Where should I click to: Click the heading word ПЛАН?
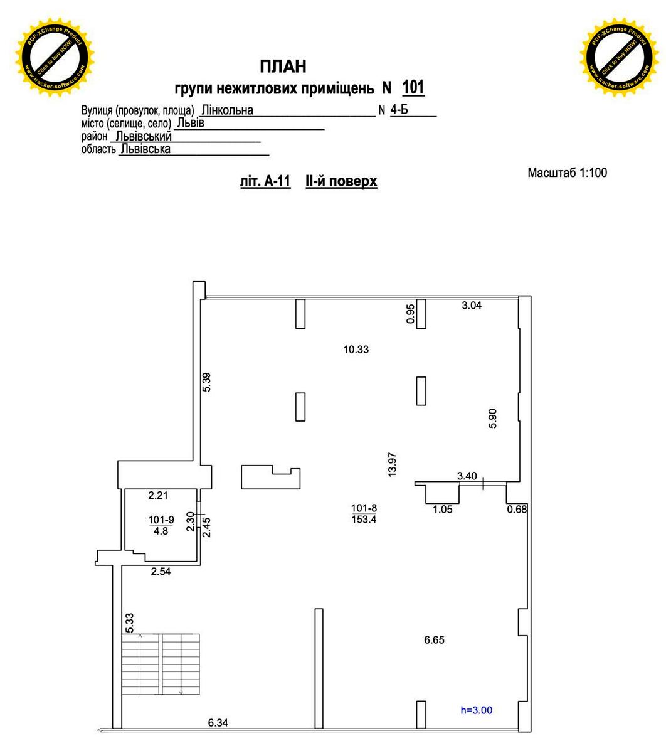pyautogui.click(x=283, y=66)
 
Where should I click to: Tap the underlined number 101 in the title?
pyautogui.click(x=413, y=87)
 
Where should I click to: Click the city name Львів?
pyautogui.click(x=190, y=123)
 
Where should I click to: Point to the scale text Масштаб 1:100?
pyautogui.click(x=567, y=173)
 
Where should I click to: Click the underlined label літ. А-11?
pyautogui.click(x=265, y=182)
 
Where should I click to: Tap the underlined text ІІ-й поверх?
pyautogui.click(x=341, y=182)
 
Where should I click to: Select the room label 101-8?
pyautogui.click(x=364, y=508)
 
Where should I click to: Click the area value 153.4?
pyautogui.click(x=364, y=520)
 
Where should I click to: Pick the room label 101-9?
pyautogui.click(x=161, y=520)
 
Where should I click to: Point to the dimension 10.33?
pyautogui.click(x=356, y=350)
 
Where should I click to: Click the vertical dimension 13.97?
pyautogui.click(x=393, y=465)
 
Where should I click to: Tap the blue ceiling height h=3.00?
pyautogui.click(x=476, y=710)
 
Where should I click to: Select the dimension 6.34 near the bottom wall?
pyautogui.click(x=218, y=723)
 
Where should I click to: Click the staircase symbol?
pyautogui.click(x=161, y=664)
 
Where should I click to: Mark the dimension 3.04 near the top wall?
pyautogui.click(x=472, y=306)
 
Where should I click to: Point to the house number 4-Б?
pyautogui.click(x=399, y=110)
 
